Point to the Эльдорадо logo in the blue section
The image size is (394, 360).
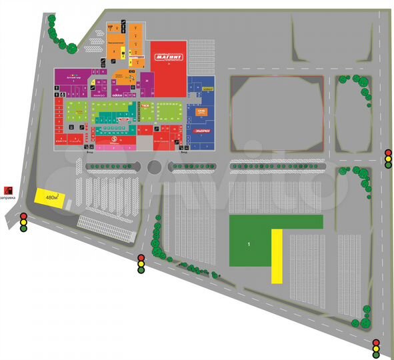[203, 130]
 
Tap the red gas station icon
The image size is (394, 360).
[9, 190]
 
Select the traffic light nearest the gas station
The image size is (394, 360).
[23, 223]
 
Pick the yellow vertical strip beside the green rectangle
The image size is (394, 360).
[276, 256]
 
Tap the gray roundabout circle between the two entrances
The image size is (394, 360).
[155, 167]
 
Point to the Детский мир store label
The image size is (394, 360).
[73, 77]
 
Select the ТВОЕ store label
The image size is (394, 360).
[144, 105]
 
